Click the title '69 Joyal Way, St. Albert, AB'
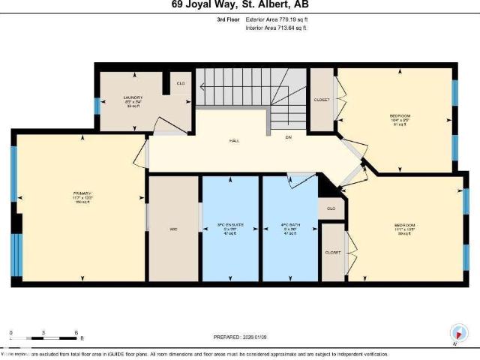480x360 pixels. tap(240, 4)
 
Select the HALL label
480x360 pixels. tap(233, 140)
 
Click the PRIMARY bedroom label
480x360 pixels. tap(82, 193)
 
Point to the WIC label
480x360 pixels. tap(173, 228)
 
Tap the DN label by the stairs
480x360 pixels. tap(287, 137)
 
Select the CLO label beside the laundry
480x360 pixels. tap(180, 82)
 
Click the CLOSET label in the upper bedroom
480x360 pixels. tap(322, 98)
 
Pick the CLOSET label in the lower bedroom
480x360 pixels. tap(333, 253)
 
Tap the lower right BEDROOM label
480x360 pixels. tap(405, 226)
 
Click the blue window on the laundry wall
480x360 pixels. tap(97, 106)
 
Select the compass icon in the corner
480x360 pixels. tap(456, 333)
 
